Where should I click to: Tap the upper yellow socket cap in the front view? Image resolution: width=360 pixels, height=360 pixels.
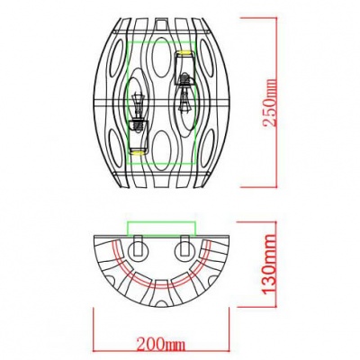tap(184, 54)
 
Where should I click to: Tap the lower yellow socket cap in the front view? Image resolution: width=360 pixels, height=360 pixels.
tap(138, 151)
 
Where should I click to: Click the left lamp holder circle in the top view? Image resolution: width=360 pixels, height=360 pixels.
tap(138, 247)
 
